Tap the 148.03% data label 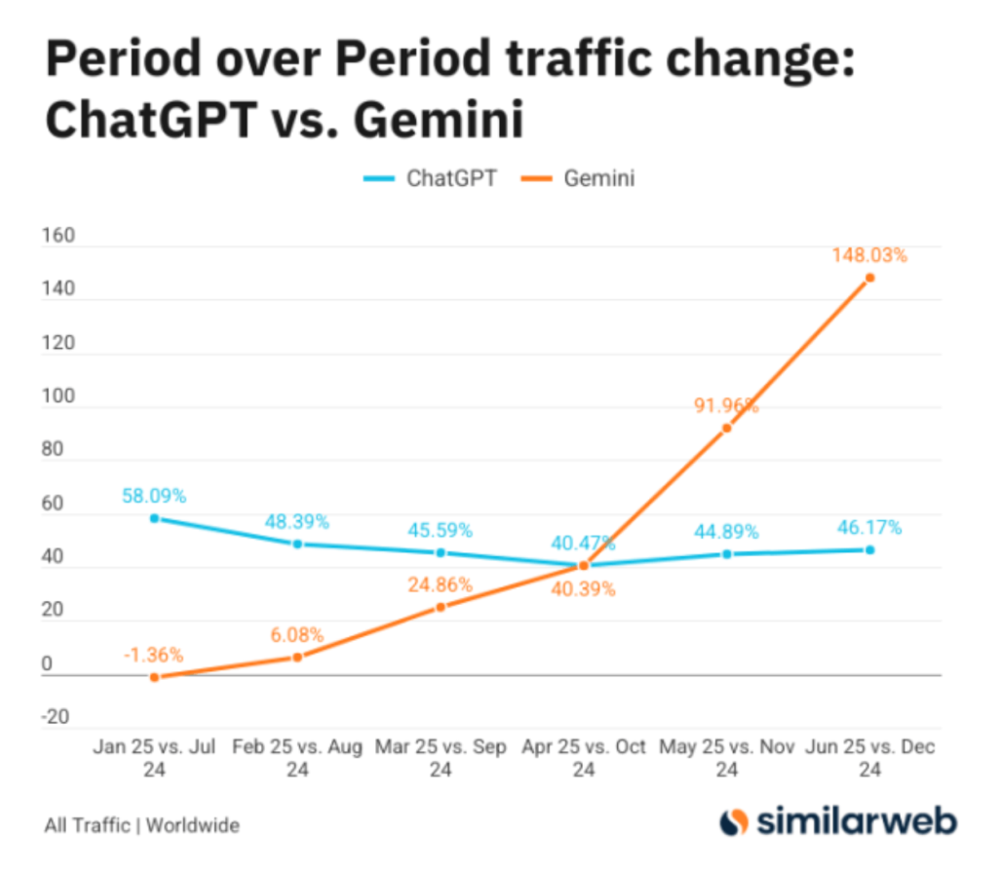click(x=869, y=256)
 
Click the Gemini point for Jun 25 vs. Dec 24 click(x=870, y=278)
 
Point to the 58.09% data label click(x=154, y=496)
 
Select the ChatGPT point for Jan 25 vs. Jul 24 click(x=154, y=518)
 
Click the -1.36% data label click(x=154, y=654)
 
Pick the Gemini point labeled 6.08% click(x=297, y=657)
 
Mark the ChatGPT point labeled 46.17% click(x=870, y=549)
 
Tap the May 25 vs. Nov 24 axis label click(x=726, y=758)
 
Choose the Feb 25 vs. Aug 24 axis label click(x=297, y=758)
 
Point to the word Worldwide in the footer click(x=192, y=825)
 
